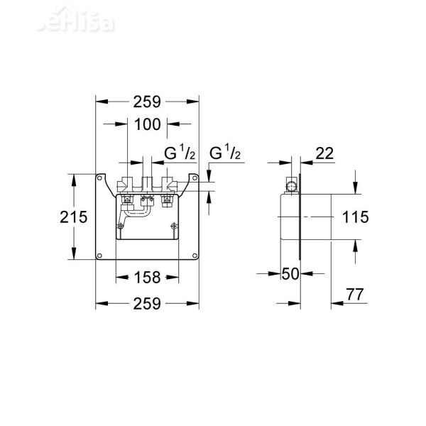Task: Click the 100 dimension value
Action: (x=147, y=124)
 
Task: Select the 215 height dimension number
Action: (x=73, y=217)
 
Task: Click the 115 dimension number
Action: (x=354, y=217)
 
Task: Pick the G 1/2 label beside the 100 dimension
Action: (x=179, y=153)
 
